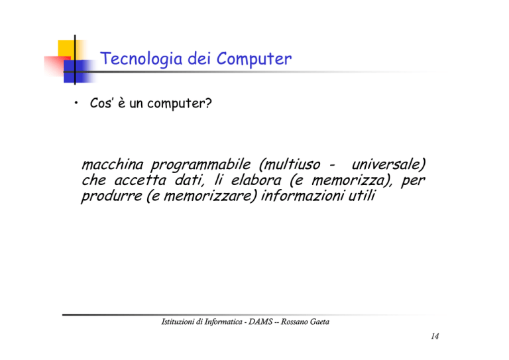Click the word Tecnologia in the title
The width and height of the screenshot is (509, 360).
tap(141, 59)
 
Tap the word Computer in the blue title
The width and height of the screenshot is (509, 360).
tap(254, 59)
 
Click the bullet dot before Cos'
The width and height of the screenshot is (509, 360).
tap(76, 103)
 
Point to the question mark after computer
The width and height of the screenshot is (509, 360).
tap(208, 103)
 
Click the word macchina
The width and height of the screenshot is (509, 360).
tap(112, 164)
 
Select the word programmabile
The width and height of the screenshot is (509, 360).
tap(201, 165)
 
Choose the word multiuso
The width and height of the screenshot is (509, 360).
tap(292, 164)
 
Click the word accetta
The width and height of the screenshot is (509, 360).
tap(141, 180)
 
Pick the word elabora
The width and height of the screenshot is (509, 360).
tap(256, 180)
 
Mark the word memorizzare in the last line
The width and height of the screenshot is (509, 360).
tap(207, 196)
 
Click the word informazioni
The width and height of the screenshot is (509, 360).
tap(302, 196)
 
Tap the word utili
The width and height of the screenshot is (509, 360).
tap(362, 196)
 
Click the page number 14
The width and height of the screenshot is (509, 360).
tap(435, 336)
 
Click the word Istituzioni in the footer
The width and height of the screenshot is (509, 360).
tap(178, 322)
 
